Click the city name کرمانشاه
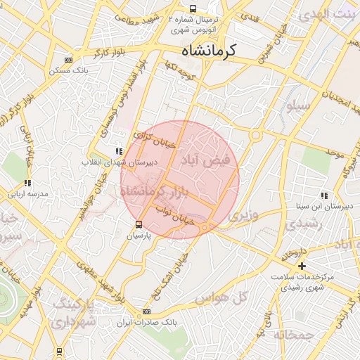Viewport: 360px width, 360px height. click(x=210, y=51)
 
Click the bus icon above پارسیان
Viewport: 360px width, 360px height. click(x=139, y=224)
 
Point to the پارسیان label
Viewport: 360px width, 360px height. click(x=139, y=237)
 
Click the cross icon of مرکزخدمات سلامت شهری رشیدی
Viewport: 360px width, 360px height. click(x=302, y=266)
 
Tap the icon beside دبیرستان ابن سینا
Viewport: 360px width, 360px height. click(x=323, y=195)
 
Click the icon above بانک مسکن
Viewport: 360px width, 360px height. click(x=67, y=60)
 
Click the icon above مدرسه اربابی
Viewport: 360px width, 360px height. click(x=27, y=183)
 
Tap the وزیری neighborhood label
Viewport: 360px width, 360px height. click(x=244, y=212)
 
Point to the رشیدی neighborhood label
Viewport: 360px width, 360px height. click(x=304, y=224)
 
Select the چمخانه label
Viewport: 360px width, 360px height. click(x=294, y=335)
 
